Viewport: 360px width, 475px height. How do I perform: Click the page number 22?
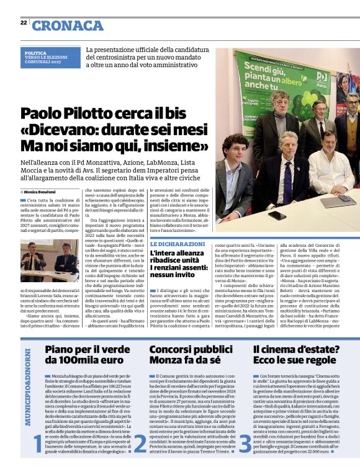click(23, 23)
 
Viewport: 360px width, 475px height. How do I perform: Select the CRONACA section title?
click(68, 25)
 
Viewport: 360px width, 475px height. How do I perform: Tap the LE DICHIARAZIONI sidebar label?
click(178, 244)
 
